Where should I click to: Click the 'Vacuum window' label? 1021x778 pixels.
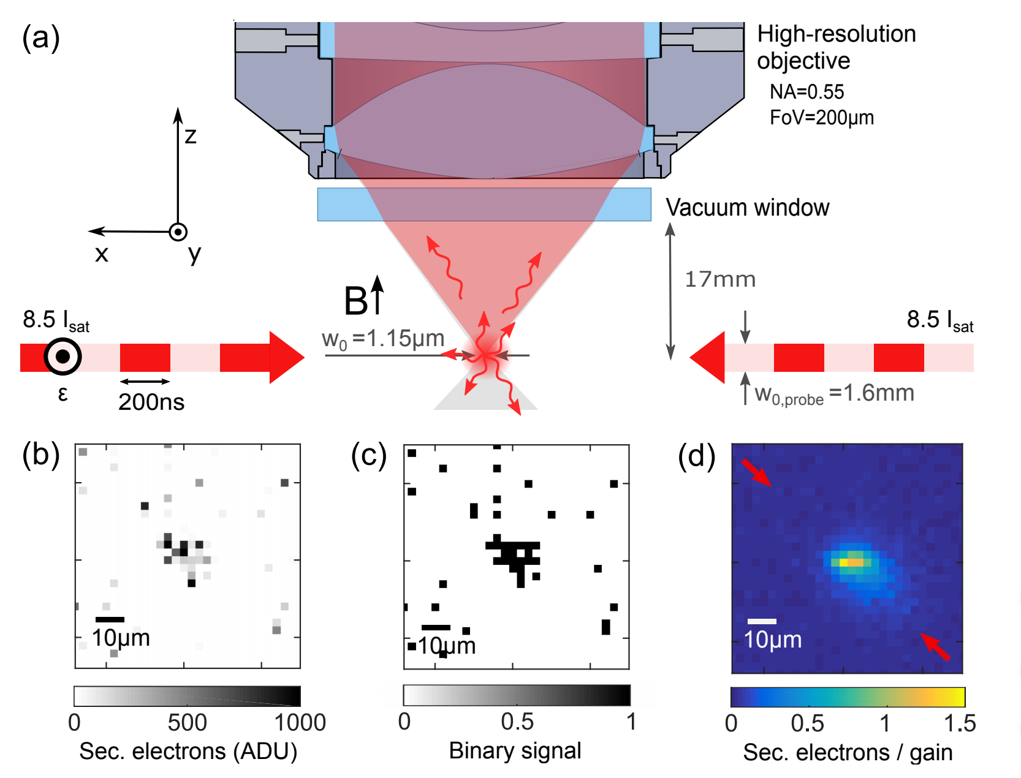point(747,208)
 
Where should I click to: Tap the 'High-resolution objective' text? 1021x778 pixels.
point(836,47)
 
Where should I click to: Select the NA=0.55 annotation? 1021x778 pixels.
point(807,92)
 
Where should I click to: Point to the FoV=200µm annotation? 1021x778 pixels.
point(821,117)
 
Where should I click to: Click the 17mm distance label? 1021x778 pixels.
point(719,279)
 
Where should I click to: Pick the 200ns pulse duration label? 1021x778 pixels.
point(151,402)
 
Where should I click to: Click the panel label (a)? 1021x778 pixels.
point(40,38)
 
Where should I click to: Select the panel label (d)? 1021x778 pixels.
point(696,456)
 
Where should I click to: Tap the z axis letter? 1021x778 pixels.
point(191,135)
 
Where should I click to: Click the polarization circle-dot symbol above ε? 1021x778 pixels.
point(63,356)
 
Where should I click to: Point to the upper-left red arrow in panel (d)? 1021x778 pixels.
point(756,472)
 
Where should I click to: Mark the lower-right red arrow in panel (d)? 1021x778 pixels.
point(935,647)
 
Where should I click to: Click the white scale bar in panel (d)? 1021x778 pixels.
point(762,621)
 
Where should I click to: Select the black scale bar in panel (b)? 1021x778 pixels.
point(110,619)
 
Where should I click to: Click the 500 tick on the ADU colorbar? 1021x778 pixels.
point(187,723)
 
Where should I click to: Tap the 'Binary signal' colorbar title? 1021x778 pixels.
point(515,750)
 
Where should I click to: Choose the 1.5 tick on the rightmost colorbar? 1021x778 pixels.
point(960,723)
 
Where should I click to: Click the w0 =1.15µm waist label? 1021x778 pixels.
point(383,339)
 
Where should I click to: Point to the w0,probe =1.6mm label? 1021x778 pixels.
point(834,394)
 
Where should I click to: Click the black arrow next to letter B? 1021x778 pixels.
point(378,294)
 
